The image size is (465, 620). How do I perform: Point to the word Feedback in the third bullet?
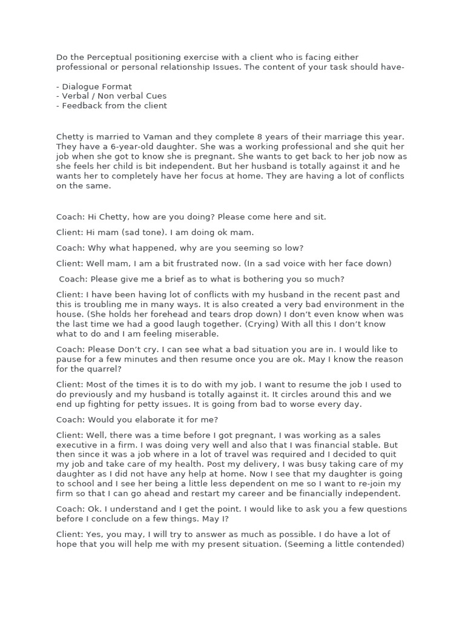point(82,106)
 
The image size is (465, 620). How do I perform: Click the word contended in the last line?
point(377,544)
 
